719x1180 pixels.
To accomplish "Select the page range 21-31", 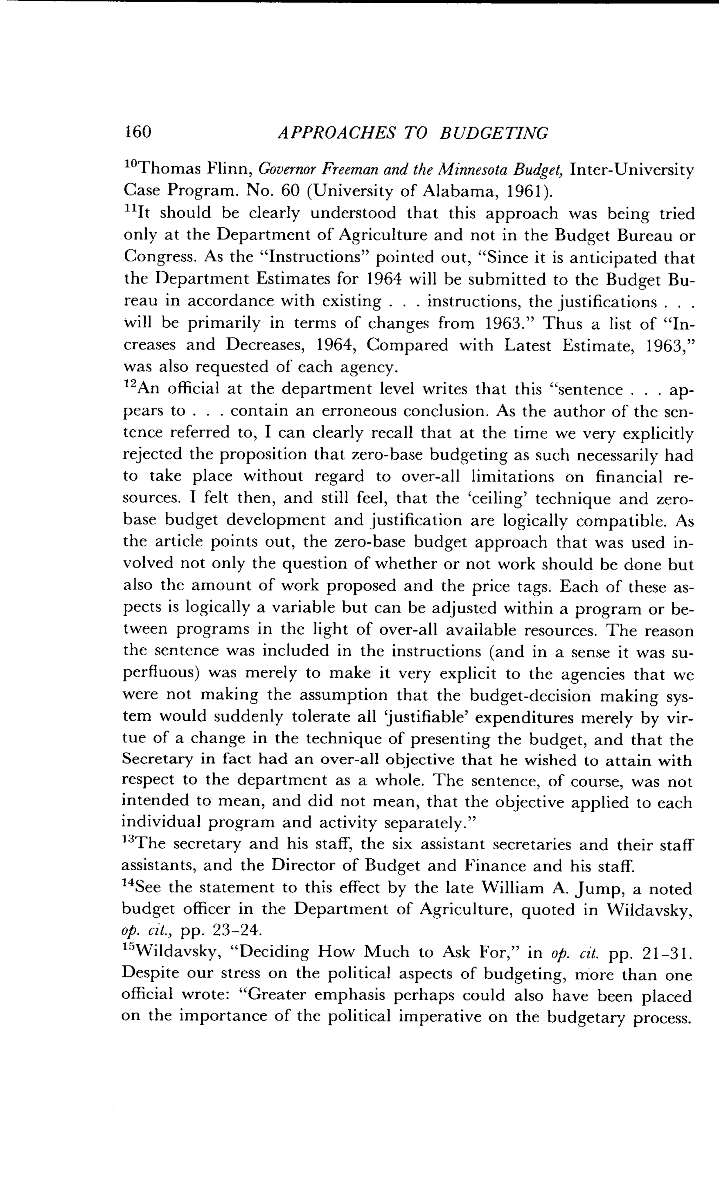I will coord(667,953).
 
